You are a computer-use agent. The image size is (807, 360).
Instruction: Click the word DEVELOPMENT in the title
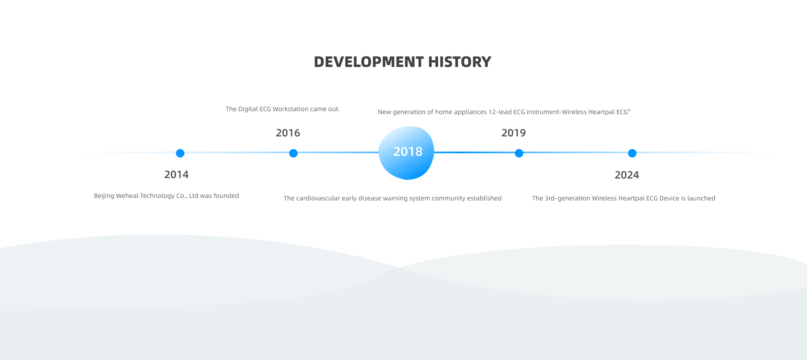pyautogui.click(x=369, y=62)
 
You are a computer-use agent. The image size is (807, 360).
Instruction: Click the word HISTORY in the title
pyautogui.click(x=460, y=62)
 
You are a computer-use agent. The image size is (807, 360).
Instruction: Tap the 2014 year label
pyautogui.click(x=176, y=175)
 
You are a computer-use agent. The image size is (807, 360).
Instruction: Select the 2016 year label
pyautogui.click(x=288, y=133)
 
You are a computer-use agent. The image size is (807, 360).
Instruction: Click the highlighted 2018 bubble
pyautogui.click(x=407, y=152)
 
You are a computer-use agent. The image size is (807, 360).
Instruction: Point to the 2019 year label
pyautogui.click(x=514, y=133)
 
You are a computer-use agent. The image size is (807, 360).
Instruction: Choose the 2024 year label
pyautogui.click(x=627, y=175)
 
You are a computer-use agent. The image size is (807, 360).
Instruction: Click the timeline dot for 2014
pyautogui.click(x=180, y=153)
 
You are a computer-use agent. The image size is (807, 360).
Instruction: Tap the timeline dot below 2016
pyautogui.click(x=293, y=153)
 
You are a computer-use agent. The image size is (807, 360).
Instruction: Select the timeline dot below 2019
pyautogui.click(x=519, y=153)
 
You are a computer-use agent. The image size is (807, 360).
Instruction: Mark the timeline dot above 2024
pyautogui.click(x=632, y=153)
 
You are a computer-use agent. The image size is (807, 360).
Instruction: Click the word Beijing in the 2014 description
pyautogui.click(x=104, y=196)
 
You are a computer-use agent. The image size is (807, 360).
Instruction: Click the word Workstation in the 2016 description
pyautogui.click(x=290, y=109)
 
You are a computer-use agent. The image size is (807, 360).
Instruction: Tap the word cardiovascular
pyautogui.click(x=318, y=198)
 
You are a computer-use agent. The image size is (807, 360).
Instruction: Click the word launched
pyautogui.click(x=701, y=198)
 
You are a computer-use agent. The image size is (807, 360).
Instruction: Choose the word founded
pyautogui.click(x=226, y=196)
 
